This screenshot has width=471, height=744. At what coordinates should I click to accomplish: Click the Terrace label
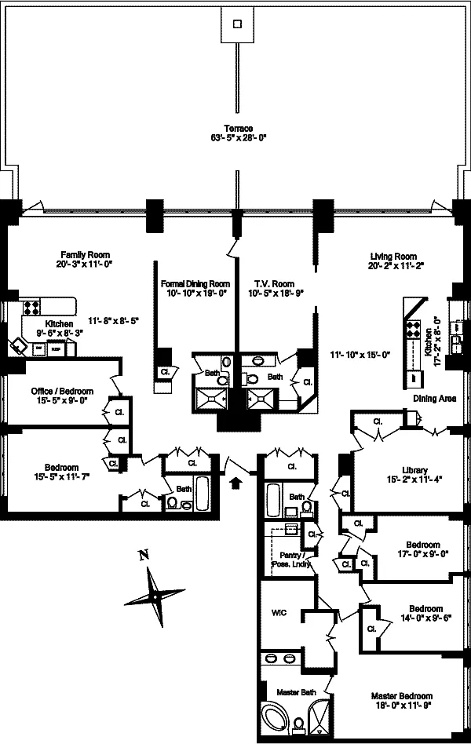(239, 128)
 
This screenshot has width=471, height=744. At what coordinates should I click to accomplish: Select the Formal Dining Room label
(195, 283)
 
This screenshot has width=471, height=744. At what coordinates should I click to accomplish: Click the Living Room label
(392, 256)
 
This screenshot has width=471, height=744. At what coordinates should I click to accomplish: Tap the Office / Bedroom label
(62, 392)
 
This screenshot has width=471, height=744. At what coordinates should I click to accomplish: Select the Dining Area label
(434, 399)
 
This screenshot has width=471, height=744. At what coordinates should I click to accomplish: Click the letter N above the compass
(143, 556)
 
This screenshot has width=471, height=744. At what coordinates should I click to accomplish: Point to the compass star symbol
(154, 596)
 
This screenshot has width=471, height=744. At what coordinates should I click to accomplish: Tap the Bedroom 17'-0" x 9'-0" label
(422, 545)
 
